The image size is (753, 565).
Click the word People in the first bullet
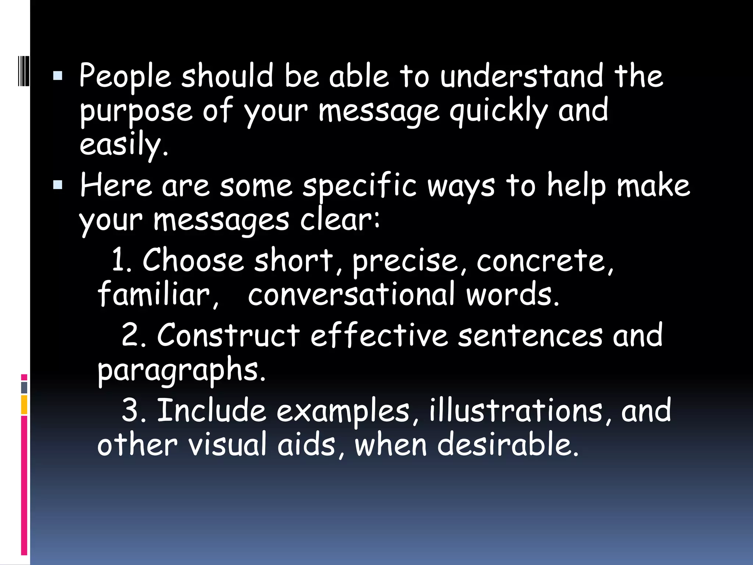click(125, 77)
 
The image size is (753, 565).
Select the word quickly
click(499, 111)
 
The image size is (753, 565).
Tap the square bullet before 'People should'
click(58, 76)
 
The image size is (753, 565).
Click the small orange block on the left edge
click(24, 405)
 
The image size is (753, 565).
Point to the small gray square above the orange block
click(24, 387)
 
